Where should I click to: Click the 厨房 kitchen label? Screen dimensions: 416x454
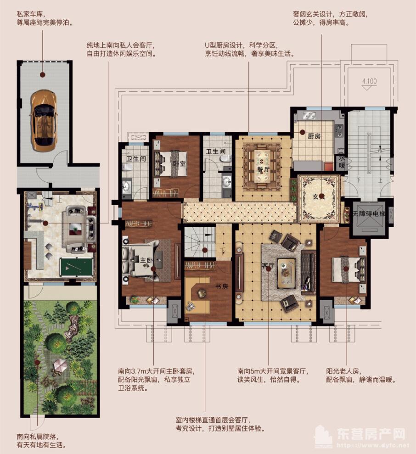point(314,136)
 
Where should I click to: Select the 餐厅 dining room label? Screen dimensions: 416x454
point(264,169)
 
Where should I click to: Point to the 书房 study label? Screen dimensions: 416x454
point(222,286)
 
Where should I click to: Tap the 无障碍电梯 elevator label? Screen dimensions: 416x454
point(369,214)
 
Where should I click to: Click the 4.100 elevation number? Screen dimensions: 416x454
point(369,81)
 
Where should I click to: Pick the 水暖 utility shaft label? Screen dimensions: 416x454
point(342,162)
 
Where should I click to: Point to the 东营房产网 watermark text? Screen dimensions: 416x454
point(371,434)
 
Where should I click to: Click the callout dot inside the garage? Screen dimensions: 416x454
point(43,75)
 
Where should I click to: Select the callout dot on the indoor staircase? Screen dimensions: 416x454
point(205,250)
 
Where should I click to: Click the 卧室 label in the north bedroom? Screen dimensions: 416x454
point(180,163)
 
